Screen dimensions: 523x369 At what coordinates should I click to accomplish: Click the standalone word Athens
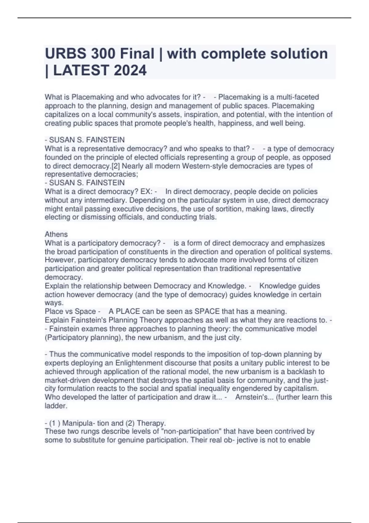point(56,234)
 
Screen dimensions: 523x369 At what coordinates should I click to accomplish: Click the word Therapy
point(151,423)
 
